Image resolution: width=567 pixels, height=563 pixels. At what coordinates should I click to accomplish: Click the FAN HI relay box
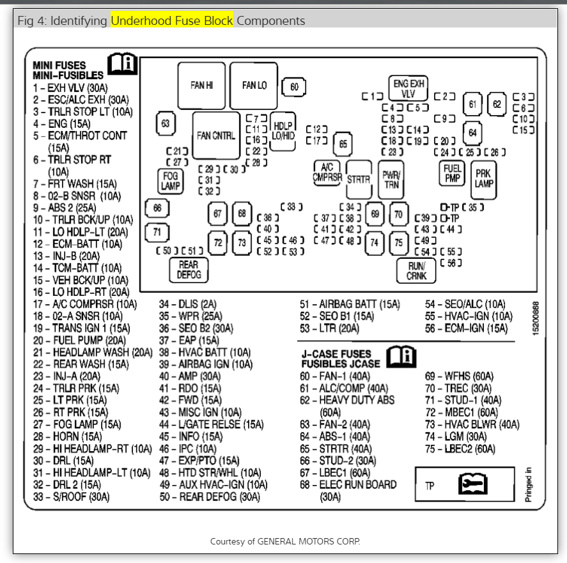tap(201, 86)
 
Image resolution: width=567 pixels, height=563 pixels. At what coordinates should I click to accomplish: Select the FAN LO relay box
tap(254, 86)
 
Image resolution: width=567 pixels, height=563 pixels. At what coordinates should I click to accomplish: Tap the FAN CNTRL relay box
tap(216, 135)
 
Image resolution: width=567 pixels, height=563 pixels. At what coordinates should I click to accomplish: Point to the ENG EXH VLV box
tap(408, 88)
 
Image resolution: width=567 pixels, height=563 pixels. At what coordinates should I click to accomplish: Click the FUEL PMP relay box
tap(452, 173)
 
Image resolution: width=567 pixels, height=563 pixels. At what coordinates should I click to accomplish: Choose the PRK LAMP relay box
tap(483, 178)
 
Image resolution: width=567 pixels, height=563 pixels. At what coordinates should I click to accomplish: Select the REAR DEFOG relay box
tap(189, 270)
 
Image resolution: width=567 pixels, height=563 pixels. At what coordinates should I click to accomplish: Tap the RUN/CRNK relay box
tap(416, 270)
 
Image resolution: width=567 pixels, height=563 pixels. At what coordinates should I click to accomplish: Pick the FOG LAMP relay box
tap(170, 180)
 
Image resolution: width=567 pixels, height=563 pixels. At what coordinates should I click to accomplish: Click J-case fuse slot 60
tap(294, 88)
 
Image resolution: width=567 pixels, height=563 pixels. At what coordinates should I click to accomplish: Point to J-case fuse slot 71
tap(157, 232)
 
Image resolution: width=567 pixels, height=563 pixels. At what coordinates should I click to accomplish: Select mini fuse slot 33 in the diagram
tap(291, 206)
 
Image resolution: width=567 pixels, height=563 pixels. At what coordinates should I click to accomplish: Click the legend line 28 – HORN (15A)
tap(67, 436)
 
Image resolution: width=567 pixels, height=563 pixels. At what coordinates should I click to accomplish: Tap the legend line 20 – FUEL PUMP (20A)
tap(79, 341)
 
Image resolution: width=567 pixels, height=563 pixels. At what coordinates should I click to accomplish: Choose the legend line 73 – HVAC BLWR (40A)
tap(472, 424)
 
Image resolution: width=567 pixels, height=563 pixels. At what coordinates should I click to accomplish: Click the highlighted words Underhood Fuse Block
tap(172, 20)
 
